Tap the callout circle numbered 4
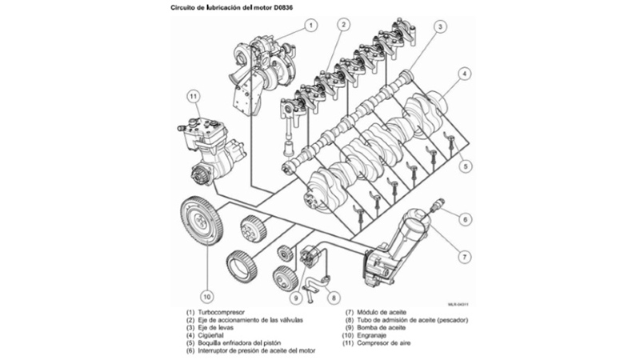pos(463,75)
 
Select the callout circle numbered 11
pos(192,97)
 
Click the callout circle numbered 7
pos(462,257)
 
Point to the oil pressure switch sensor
pos(437,205)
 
